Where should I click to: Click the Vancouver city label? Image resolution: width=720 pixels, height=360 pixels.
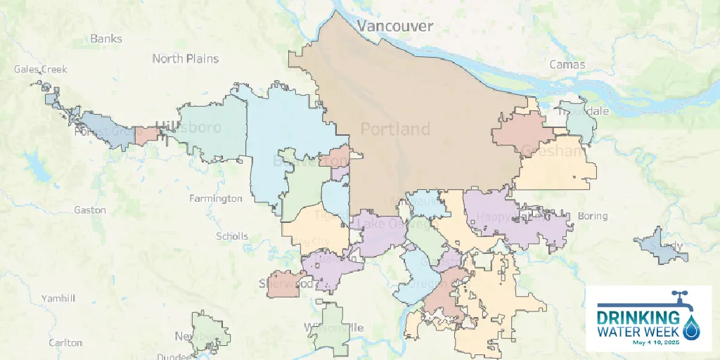tap(394, 26)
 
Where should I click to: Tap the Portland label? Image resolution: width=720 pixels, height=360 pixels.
tap(395, 129)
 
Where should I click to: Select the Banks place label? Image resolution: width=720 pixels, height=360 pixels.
tap(105, 39)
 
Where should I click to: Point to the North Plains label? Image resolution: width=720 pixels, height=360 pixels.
tap(186, 58)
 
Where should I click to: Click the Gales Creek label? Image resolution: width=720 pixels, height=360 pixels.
tap(41, 69)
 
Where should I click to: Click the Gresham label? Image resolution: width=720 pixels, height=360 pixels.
tap(553, 150)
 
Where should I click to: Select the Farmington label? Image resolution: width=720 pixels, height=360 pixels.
tap(215, 198)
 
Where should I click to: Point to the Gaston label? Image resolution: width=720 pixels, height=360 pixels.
tap(90, 210)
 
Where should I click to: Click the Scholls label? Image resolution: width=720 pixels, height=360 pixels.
tap(232, 236)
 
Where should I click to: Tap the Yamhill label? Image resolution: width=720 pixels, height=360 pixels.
tap(58, 298)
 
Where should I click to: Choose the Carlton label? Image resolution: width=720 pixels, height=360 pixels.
tap(65, 343)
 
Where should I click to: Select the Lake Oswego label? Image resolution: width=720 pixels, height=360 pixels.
tap(394, 224)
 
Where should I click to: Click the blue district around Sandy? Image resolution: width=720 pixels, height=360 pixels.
tap(654, 246)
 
